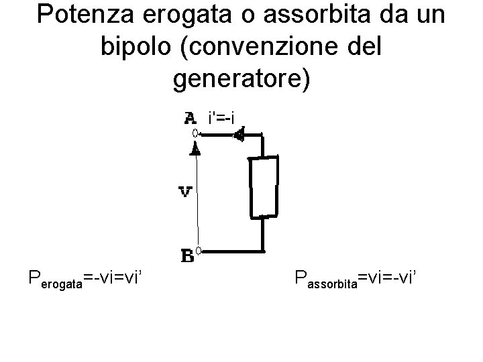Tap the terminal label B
187,255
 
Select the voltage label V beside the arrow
186,192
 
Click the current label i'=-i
221,119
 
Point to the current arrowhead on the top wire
237,135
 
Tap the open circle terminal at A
197,134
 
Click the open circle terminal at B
199,253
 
